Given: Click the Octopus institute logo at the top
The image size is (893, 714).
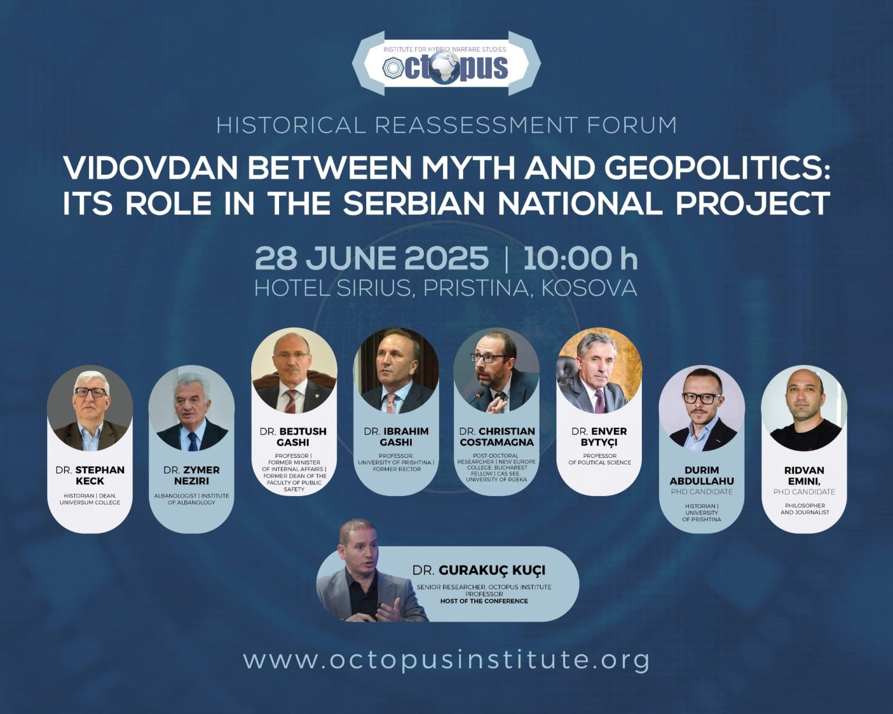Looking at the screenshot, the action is click(446, 63).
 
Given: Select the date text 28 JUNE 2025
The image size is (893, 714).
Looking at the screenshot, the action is click(372, 258).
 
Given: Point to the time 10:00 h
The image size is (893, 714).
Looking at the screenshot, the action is click(580, 258).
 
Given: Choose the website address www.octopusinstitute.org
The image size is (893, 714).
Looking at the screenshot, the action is click(446, 661).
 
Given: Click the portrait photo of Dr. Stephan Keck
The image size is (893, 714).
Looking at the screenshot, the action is click(90, 408).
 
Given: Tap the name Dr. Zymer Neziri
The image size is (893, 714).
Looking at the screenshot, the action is click(191, 475).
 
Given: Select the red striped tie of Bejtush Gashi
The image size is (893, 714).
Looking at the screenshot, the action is click(291, 401).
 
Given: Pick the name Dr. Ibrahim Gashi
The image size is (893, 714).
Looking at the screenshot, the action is click(396, 437).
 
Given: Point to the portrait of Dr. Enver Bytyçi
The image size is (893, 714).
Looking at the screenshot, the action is click(599, 371).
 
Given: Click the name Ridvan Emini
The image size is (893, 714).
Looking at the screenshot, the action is click(804, 476).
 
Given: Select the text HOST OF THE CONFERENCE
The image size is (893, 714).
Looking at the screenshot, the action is click(484, 601).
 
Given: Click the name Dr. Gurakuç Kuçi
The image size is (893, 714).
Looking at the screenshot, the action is click(479, 570).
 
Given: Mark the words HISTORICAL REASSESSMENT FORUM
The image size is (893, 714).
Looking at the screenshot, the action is click(446, 125).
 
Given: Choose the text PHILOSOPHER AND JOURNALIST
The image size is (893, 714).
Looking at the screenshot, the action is click(805, 509).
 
